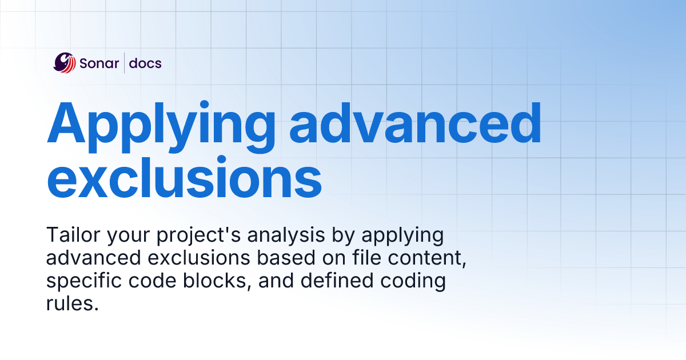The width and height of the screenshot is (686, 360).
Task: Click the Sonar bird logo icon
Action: [65, 63]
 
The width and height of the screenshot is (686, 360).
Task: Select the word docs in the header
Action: [145, 63]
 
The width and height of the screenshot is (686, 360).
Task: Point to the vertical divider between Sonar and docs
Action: [124, 63]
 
